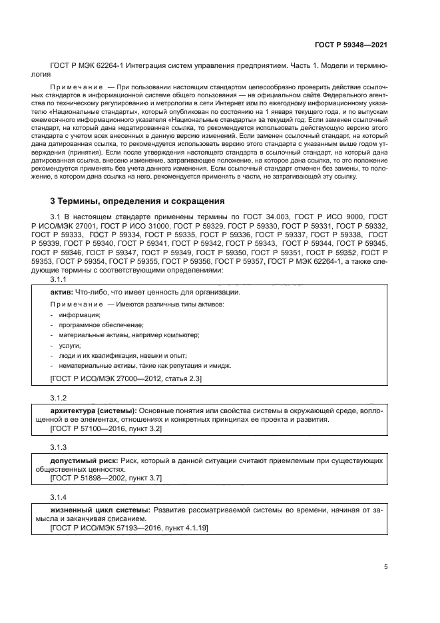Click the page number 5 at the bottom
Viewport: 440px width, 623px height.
coord(385,567)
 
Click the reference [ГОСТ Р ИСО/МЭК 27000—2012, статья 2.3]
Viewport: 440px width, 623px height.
coord(126,378)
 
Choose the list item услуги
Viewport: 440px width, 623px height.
coord(69,345)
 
